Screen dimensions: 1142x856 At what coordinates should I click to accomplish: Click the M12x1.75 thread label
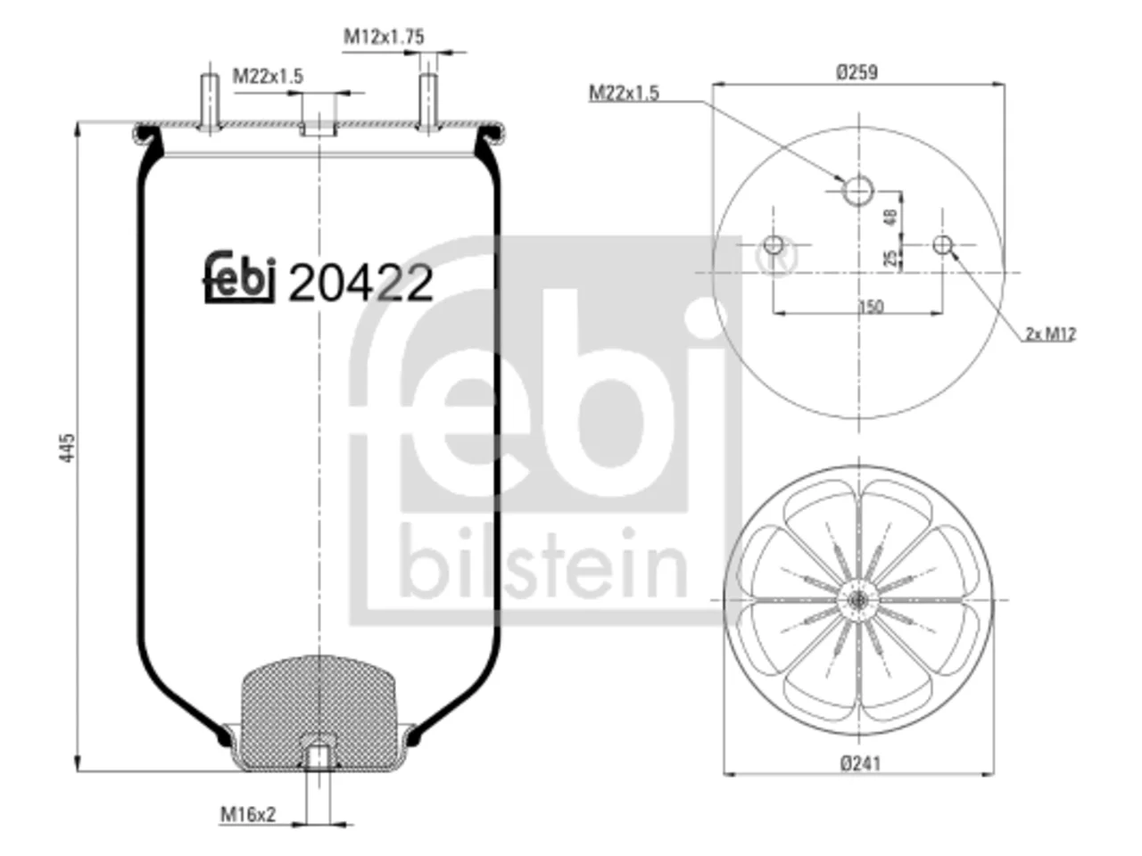click(384, 37)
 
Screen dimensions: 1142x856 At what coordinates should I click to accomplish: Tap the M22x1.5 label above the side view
click(268, 77)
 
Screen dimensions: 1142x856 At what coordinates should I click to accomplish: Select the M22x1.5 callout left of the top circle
click(624, 93)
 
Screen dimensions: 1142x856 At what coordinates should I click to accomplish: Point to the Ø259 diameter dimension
click(856, 72)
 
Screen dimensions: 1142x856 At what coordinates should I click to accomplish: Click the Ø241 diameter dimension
click(861, 763)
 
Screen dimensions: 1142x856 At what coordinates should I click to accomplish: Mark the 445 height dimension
click(68, 448)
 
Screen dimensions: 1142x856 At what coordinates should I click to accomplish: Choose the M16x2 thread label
click(248, 814)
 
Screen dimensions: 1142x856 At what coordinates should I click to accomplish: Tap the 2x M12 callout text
click(1050, 333)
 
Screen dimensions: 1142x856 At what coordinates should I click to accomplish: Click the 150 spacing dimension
click(871, 307)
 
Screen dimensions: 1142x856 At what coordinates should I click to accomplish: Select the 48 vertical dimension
click(890, 217)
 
